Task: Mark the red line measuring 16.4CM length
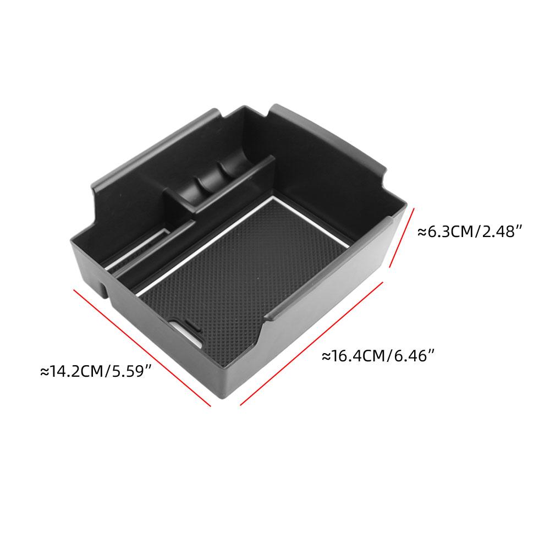tap(311, 344)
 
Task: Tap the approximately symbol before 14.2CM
tap(45, 372)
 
